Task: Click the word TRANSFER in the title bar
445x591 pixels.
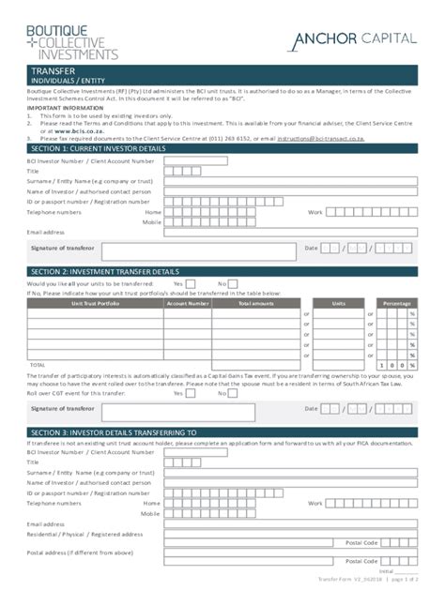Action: click(54, 71)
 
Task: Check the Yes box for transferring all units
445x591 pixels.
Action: click(191, 283)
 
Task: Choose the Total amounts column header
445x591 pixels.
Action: click(255, 303)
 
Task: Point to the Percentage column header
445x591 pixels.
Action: click(396, 303)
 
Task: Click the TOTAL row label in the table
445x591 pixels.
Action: click(38, 364)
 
